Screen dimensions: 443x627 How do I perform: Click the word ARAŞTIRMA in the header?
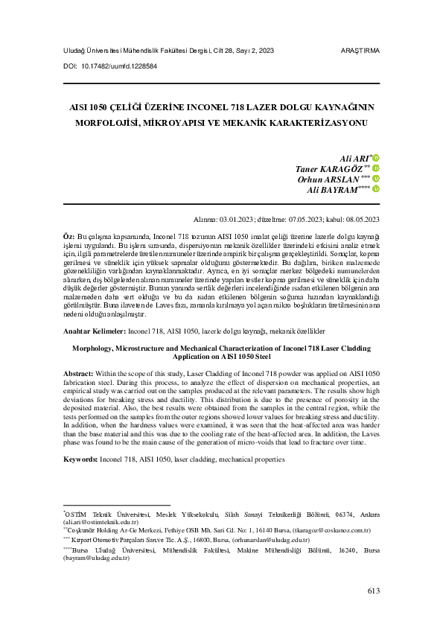tap(359, 51)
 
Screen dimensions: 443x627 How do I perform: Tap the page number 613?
tap(373, 591)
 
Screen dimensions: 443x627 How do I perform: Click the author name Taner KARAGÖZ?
tap(328, 169)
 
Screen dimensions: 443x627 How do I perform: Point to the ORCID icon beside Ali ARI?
tap(376, 159)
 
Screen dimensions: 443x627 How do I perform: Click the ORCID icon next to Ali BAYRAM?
tap(376, 189)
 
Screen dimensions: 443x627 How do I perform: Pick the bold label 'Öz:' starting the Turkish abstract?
tap(68, 235)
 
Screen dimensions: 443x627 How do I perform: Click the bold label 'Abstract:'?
tap(77, 372)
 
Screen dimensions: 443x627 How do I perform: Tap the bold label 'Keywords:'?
tap(80, 459)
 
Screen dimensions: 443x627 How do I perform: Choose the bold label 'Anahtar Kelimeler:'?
tap(95, 329)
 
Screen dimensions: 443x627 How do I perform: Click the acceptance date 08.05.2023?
tap(362, 219)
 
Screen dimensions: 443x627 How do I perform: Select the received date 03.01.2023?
tap(239, 219)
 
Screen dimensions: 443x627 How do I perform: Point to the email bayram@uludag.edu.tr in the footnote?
tap(94, 556)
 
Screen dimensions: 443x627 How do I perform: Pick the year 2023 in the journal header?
tap(267, 51)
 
